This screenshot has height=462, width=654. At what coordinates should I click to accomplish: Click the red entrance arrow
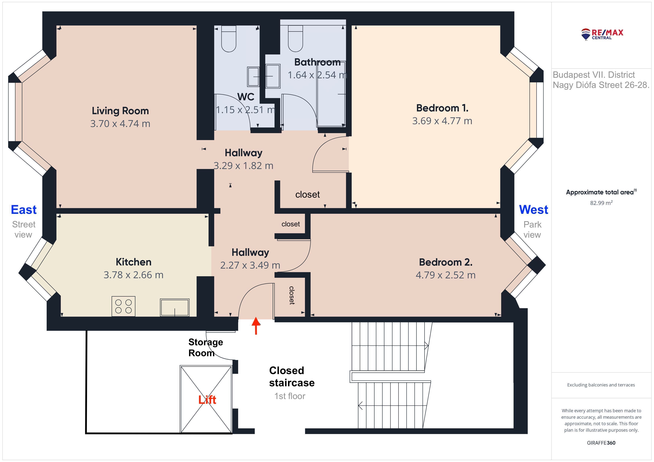[256, 326]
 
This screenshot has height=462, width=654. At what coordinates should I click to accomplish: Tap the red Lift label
[207, 400]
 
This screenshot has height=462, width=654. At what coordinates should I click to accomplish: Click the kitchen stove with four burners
[123, 306]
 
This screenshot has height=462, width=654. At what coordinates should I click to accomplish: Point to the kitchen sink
[175, 307]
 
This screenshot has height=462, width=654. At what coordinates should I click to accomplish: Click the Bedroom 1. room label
[442, 108]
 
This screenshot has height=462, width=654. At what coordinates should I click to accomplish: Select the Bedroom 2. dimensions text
[445, 275]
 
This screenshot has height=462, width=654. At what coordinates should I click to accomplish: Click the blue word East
[24, 210]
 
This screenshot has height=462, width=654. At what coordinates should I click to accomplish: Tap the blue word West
[534, 210]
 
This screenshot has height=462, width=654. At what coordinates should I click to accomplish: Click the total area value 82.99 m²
[601, 203]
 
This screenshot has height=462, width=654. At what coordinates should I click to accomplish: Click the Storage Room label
[206, 347]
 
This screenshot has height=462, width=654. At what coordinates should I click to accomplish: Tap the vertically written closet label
[292, 295]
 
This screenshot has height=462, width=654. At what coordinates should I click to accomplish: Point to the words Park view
[532, 230]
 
